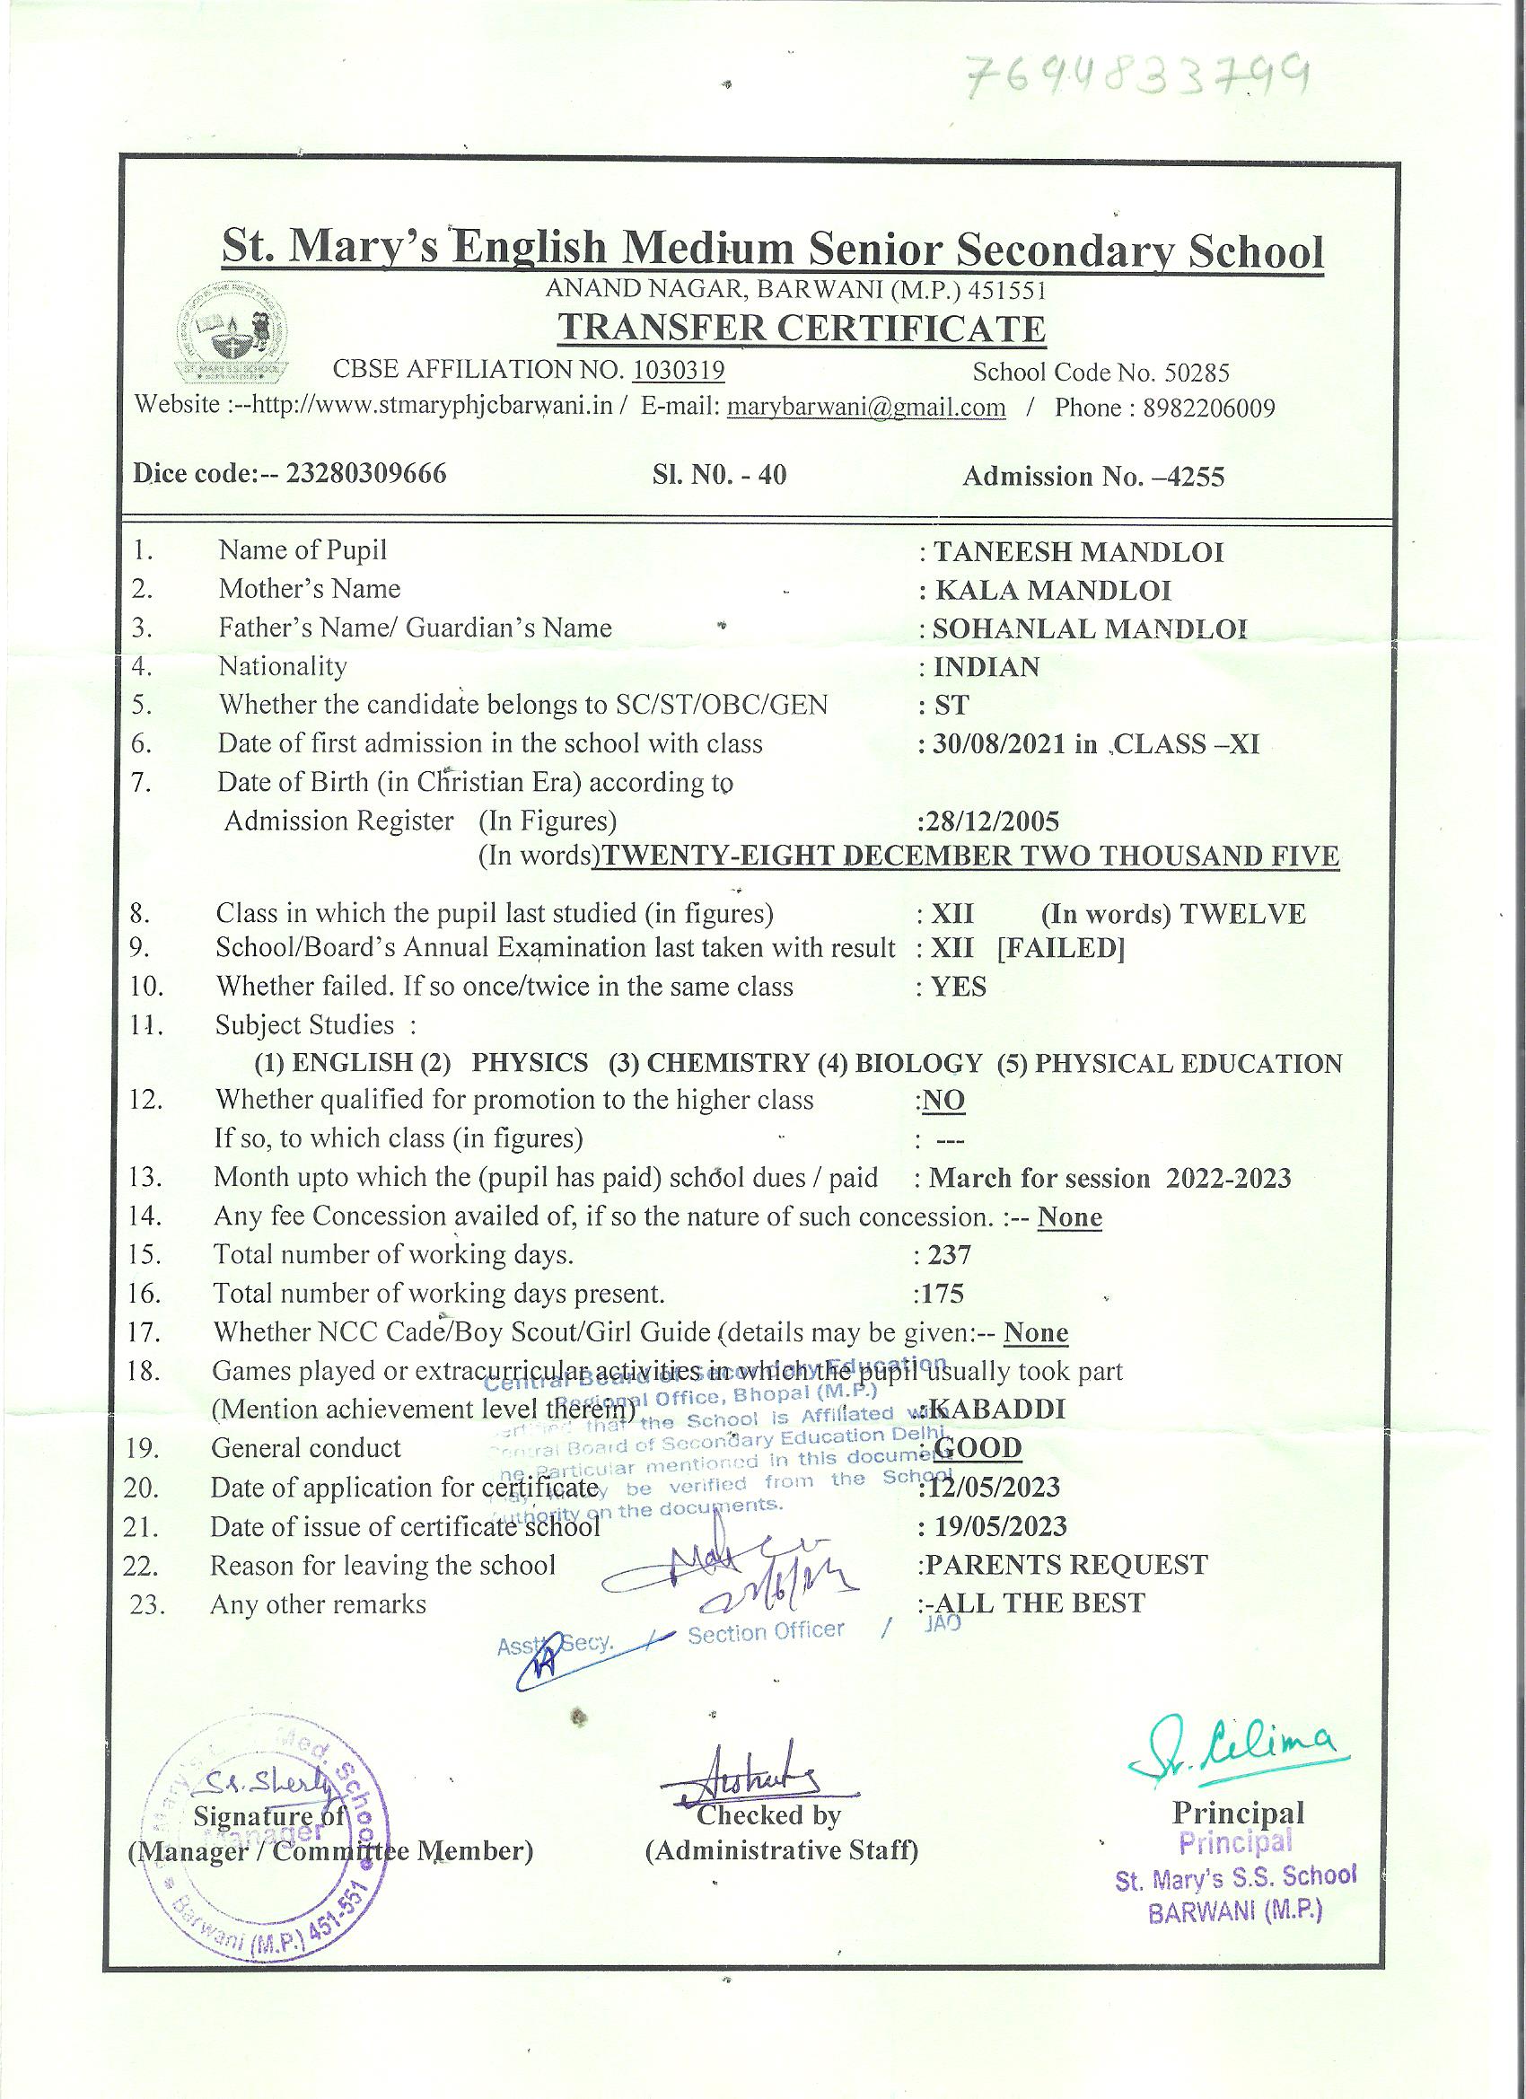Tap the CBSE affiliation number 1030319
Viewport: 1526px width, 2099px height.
click(679, 370)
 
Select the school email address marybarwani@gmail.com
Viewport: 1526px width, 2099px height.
click(866, 408)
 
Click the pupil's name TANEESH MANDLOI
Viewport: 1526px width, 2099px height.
click(1078, 552)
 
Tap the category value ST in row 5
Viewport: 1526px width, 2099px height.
click(952, 706)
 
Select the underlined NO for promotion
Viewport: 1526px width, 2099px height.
click(944, 1100)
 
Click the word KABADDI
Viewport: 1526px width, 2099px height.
click(997, 1409)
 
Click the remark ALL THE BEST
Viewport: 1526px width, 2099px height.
click(1039, 1603)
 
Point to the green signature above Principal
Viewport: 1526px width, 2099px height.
click(1232, 1748)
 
